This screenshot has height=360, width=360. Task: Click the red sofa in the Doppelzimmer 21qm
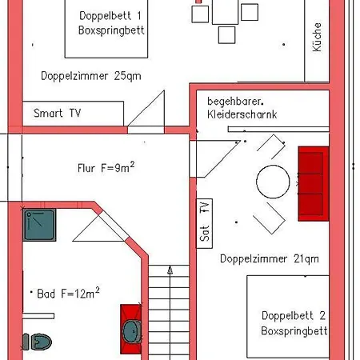pyautogui.click(x=313, y=183)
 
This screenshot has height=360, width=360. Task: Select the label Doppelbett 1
pyautogui.click(x=111, y=16)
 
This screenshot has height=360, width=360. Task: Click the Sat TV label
pyautogui.click(x=206, y=222)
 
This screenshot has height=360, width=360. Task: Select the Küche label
pyautogui.click(x=317, y=37)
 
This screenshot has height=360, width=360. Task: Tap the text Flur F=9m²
pyautogui.click(x=106, y=169)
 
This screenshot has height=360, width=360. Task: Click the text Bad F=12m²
pyautogui.click(x=69, y=294)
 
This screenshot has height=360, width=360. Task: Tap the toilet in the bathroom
pyautogui.click(x=37, y=342)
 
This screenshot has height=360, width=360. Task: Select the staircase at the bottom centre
pyautogui.click(x=170, y=312)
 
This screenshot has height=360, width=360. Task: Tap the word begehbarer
pyautogui.click(x=236, y=102)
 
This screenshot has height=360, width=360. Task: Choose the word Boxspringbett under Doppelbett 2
pyautogui.click(x=293, y=330)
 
